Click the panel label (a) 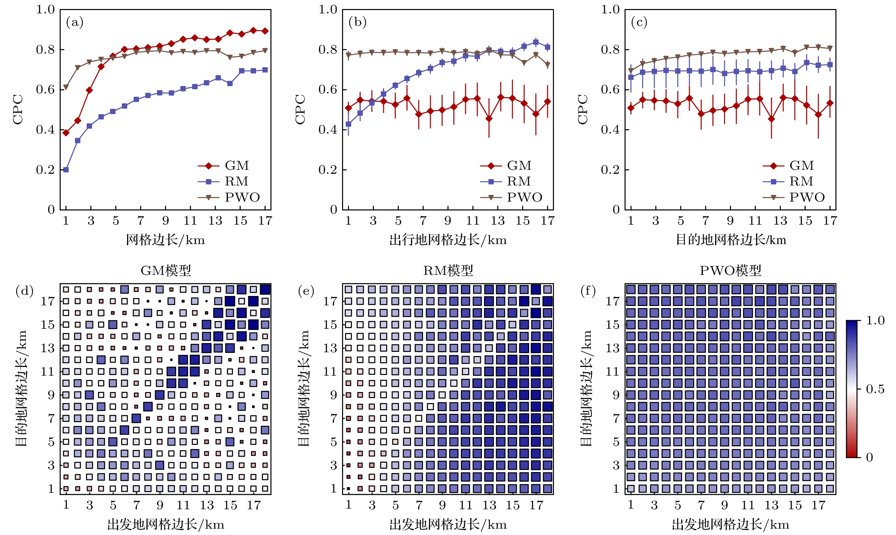click(x=75, y=22)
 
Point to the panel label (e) click(x=306, y=291)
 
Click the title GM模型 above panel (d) click(x=165, y=271)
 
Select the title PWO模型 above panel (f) click(x=730, y=271)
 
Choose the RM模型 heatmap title click(x=448, y=271)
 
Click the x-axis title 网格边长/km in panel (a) click(x=165, y=240)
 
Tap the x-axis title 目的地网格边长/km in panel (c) click(x=731, y=240)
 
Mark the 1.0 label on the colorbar click(x=875, y=320)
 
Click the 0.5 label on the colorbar click(x=875, y=389)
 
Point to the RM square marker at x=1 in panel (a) click(x=66, y=169)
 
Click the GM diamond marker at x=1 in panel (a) click(x=66, y=133)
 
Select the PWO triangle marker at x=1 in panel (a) click(x=66, y=87)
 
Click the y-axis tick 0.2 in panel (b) click(x=328, y=169)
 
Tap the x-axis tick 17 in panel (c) click(x=830, y=221)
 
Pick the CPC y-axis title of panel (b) click(x=300, y=109)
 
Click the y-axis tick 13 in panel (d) click(x=48, y=348)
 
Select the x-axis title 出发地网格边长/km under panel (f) click(x=731, y=525)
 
